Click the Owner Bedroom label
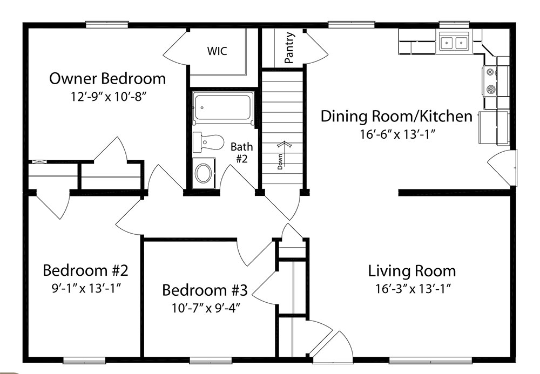pos(107,79)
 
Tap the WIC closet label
pos(217,51)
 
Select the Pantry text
pos(290,48)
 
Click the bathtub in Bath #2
pos(223,108)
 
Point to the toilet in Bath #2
pos(208,142)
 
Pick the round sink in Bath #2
pos(204,173)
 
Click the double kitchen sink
pos(454,43)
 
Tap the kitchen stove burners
pos(490,81)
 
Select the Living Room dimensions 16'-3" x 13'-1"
pos(413,288)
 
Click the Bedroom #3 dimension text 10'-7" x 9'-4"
pos(206,308)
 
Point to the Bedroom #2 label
pos(85,270)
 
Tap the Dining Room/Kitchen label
pos(396,116)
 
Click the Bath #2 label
pos(241,152)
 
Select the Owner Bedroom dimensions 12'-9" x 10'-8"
pos(109,97)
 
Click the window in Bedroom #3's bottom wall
pos(211,360)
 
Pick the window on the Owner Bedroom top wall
pos(107,25)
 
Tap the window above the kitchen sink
pos(454,24)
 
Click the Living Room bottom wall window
pos(430,360)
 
